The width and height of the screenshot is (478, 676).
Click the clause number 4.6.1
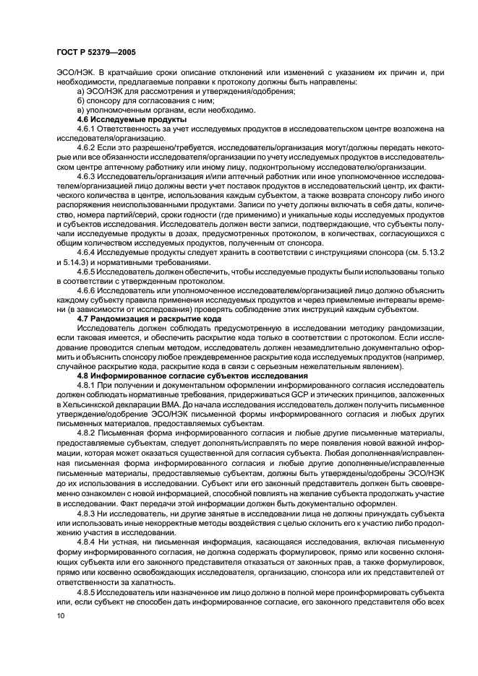click(87, 129)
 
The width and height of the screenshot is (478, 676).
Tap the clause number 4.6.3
click(87, 176)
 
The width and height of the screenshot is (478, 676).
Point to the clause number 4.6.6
click(87, 290)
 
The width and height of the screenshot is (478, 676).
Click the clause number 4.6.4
click(87, 253)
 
